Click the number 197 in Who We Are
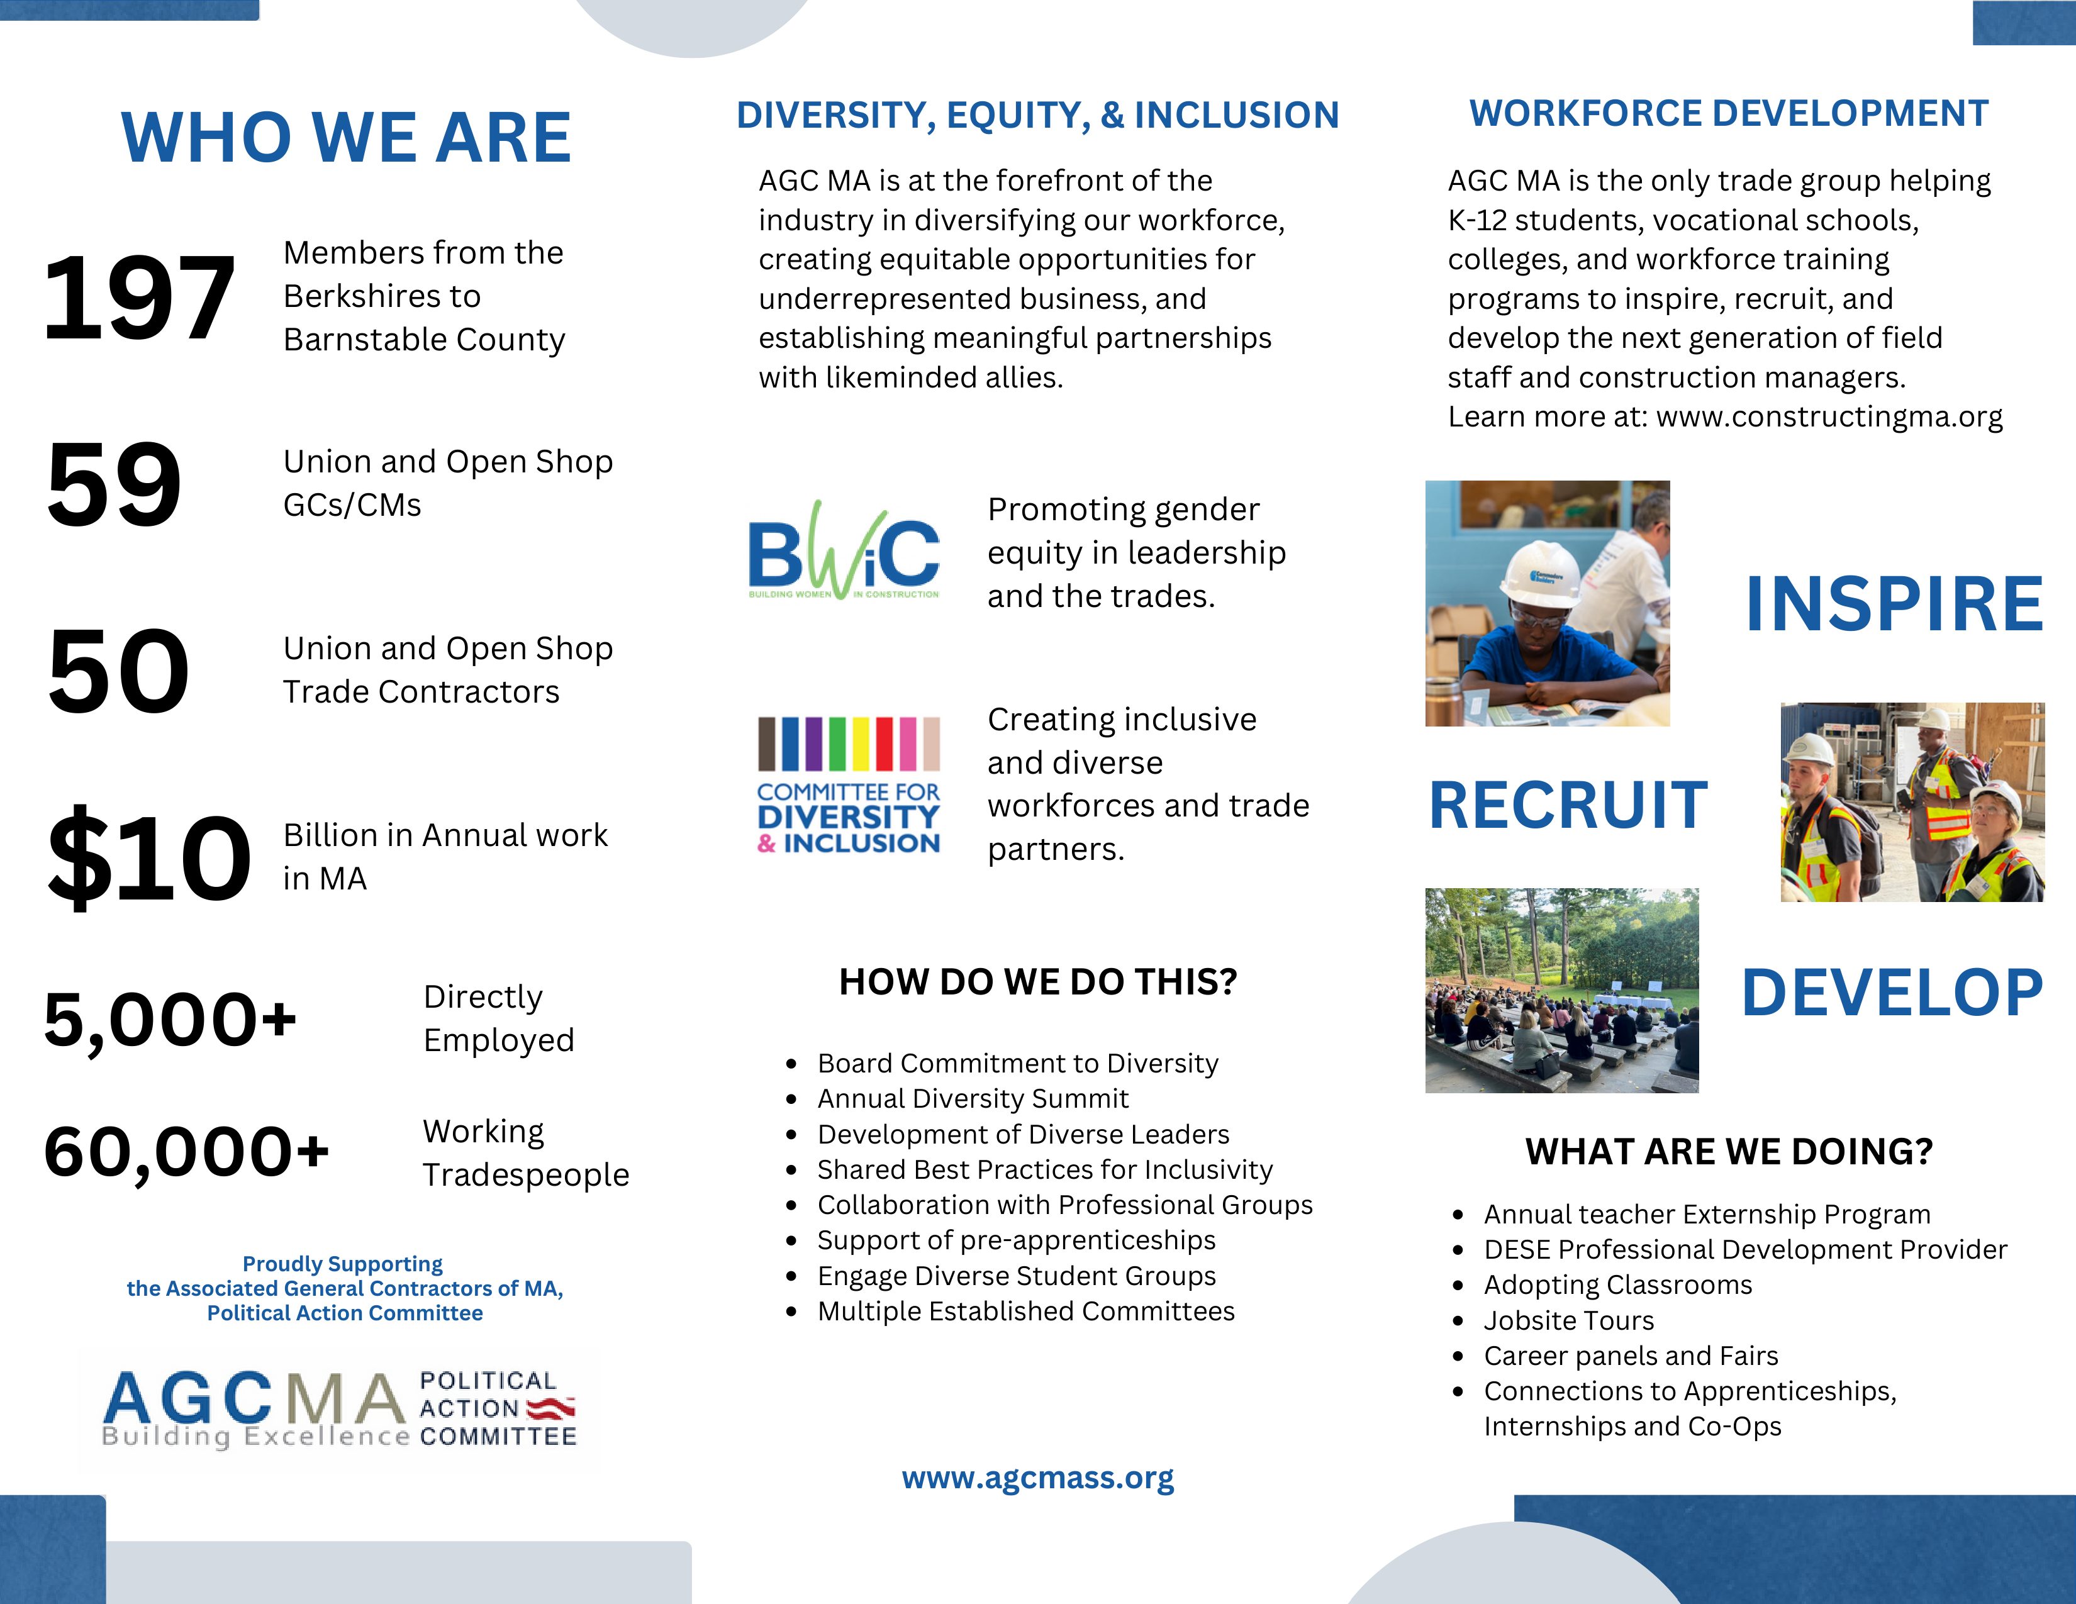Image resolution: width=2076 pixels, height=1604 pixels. [x=139, y=298]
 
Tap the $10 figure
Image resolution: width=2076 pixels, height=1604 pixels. [x=149, y=857]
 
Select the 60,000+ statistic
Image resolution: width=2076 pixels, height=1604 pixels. [x=186, y=1152]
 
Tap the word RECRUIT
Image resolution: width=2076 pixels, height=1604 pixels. [x=1568, y=806]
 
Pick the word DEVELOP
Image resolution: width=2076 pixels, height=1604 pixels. [x=1892, y=993]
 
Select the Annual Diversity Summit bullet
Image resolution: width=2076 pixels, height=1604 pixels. [x=973, y=1098]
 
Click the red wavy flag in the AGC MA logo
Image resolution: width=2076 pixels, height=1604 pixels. [x=551, y=1406]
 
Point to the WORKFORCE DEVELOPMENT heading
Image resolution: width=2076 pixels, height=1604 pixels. [x=1728, y=114]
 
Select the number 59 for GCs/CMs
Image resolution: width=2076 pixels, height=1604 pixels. [x=114, y=484]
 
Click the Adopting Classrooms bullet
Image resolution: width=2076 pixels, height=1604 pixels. [x=1618, y=1284]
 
